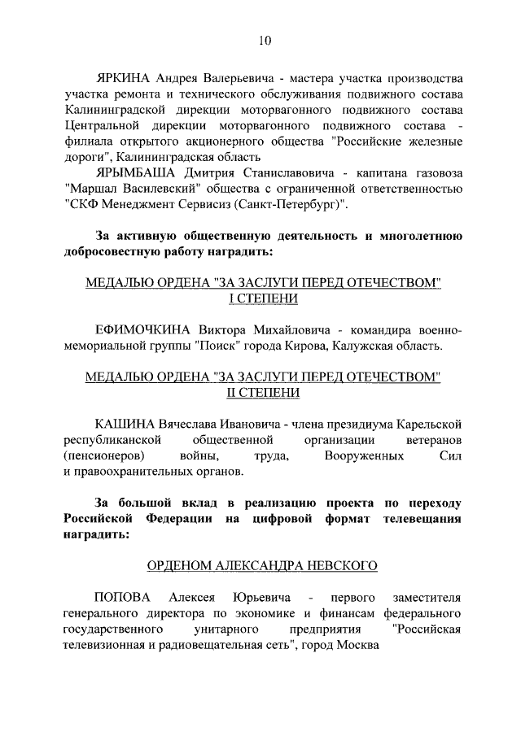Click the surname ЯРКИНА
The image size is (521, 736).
pyautogui.click(x=124, y=80)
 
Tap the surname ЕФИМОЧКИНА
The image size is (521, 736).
pyautogui.click(x=144, y=329)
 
